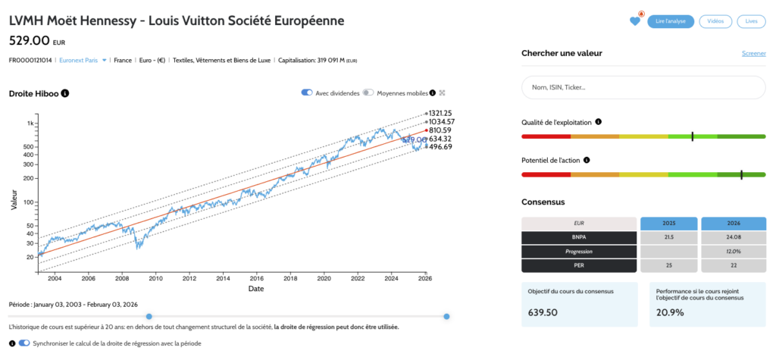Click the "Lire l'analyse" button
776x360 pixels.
point(671,21)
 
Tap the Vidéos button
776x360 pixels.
point(715,21)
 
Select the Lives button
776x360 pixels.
point(751,21)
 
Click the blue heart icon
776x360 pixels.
point(635,21)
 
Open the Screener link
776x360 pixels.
point(753,53)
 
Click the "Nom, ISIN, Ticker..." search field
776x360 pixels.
point(643,88)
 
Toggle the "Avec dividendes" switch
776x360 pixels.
point(307,92)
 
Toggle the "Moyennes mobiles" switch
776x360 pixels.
point(368,92)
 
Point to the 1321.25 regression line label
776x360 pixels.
point(440,112)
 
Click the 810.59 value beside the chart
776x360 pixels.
point(440,130)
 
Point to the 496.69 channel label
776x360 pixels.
point(440,147)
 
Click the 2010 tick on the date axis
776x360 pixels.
point(155,279)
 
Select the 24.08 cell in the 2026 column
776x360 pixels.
point(733,237)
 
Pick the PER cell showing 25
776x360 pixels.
point(668,265)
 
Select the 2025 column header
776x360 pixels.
point(668,224)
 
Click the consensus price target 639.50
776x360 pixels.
point(543,312)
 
